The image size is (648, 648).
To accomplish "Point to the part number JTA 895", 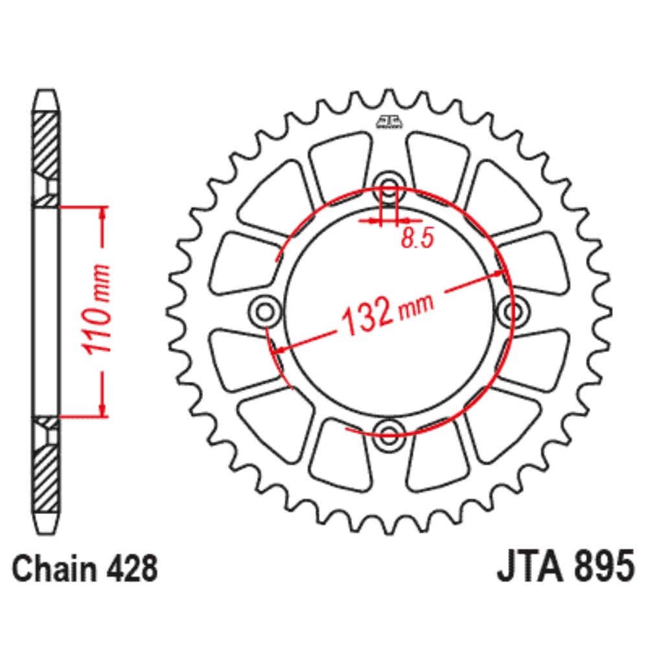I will coord(564,570).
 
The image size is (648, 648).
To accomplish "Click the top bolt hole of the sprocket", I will coord(389,184).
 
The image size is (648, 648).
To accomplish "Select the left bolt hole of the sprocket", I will coord(264,311).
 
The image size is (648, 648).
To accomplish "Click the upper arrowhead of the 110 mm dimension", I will coord(102,214).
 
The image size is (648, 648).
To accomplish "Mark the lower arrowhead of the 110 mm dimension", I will coord(102,408).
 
